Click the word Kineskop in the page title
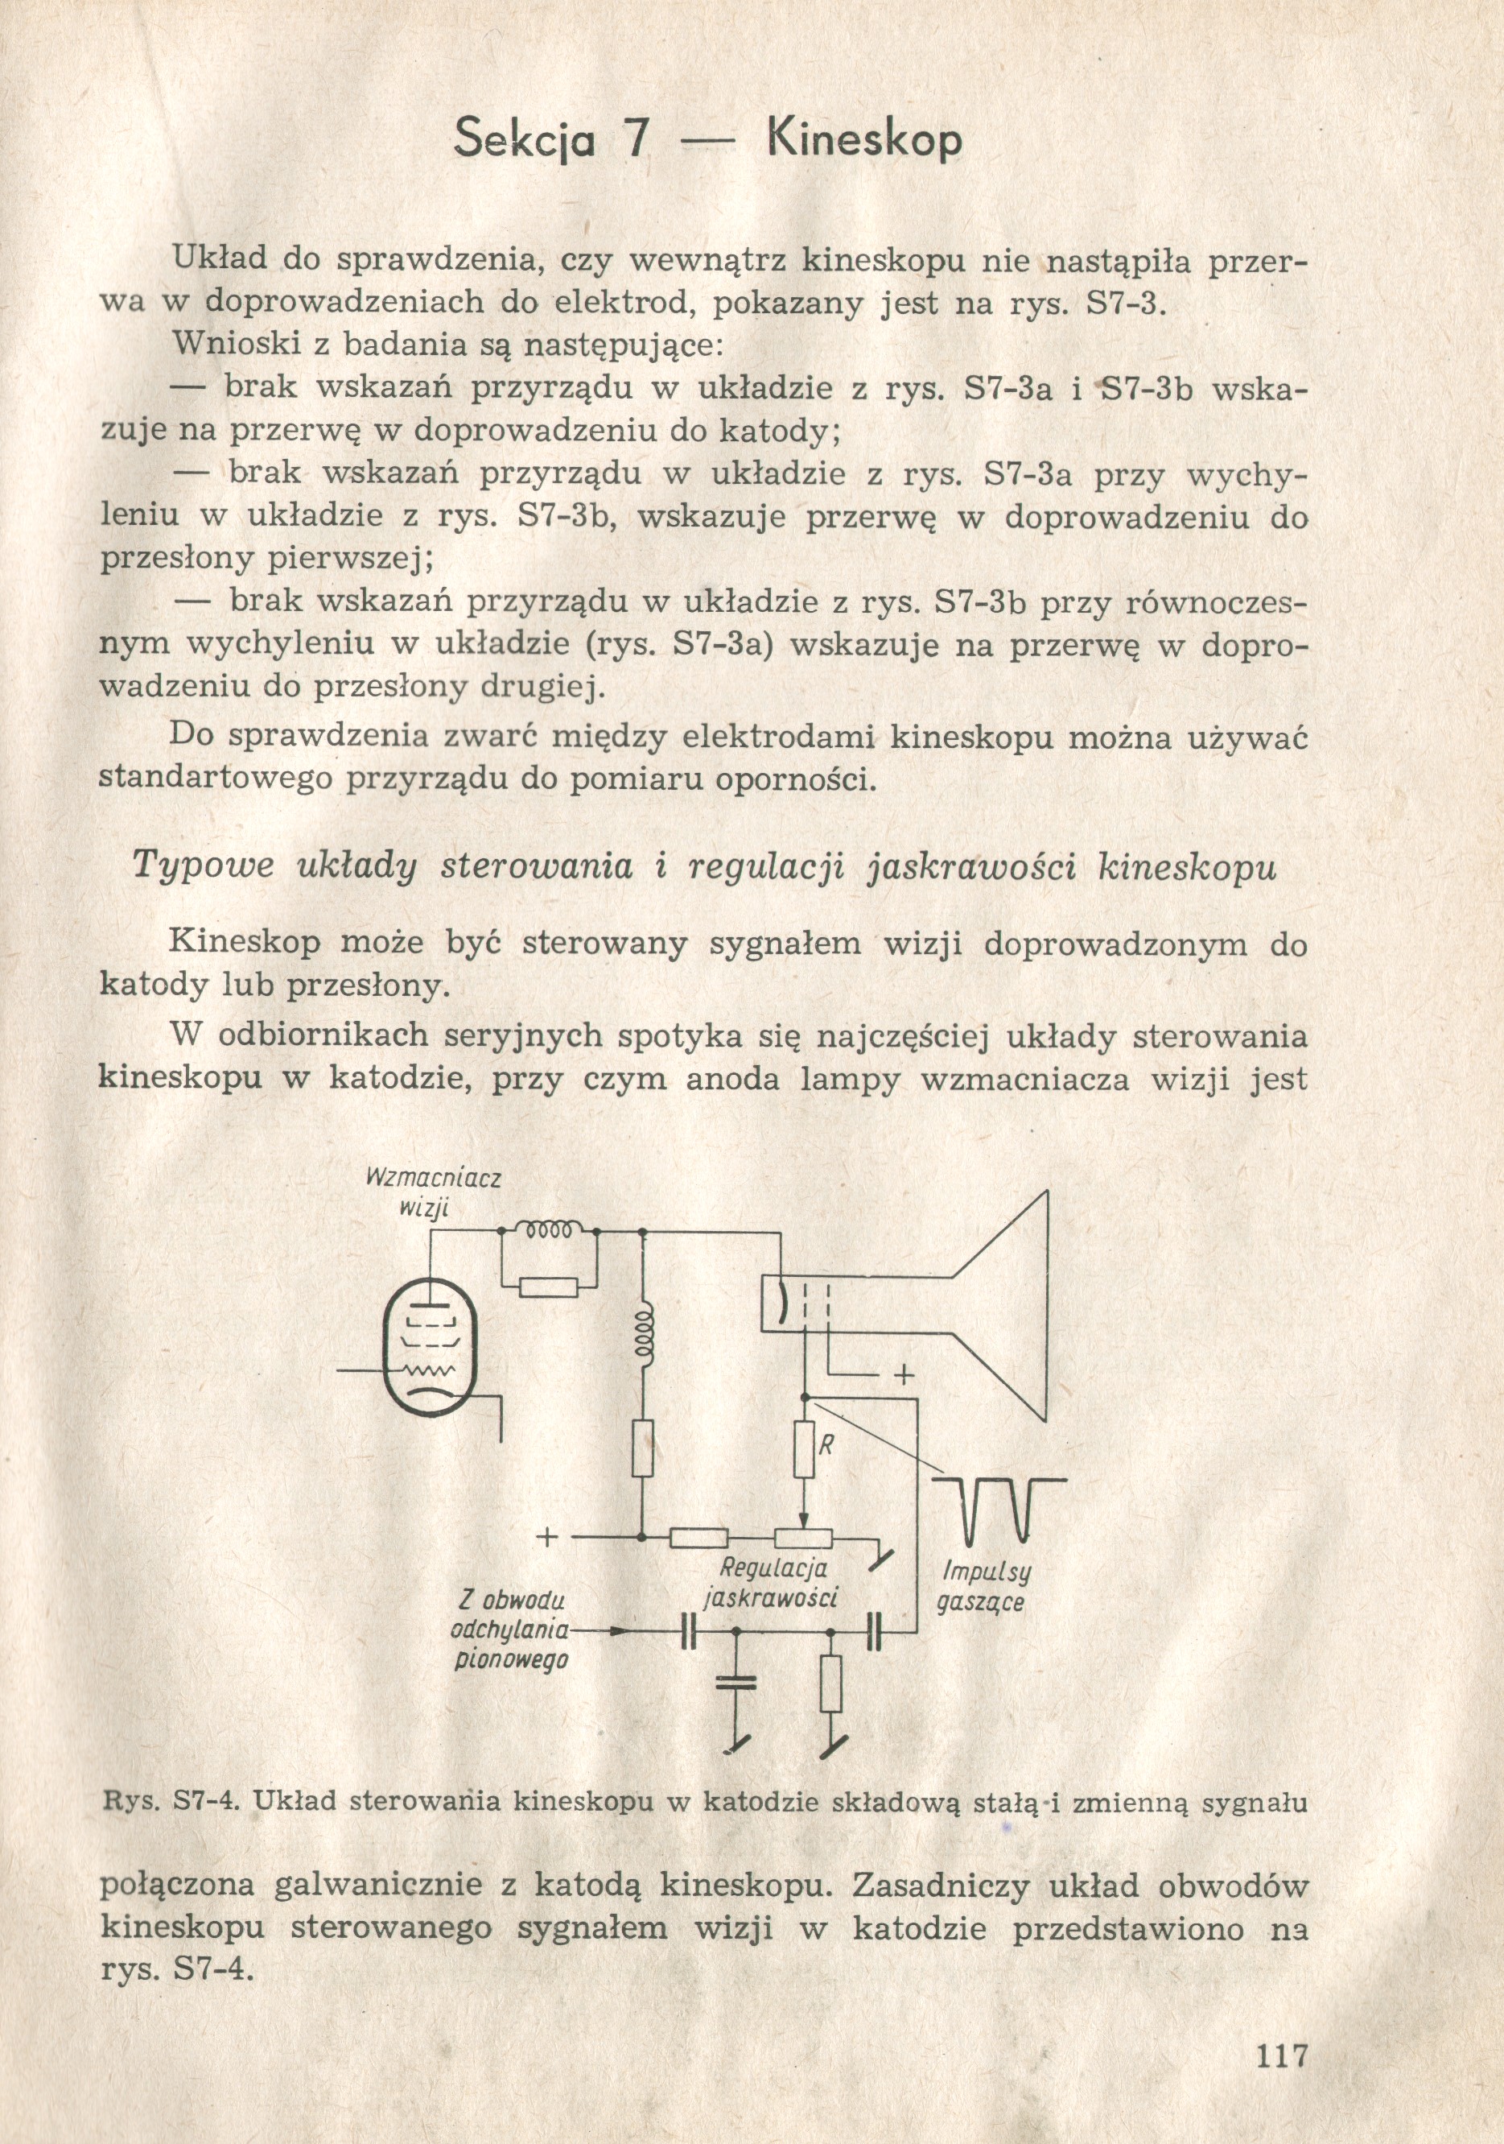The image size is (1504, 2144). pos(863,140)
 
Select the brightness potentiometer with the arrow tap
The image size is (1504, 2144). pos(804,1535)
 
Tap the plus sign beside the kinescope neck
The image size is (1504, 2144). pos(903,1375)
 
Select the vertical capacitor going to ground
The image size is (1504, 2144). pos(736,1684)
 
